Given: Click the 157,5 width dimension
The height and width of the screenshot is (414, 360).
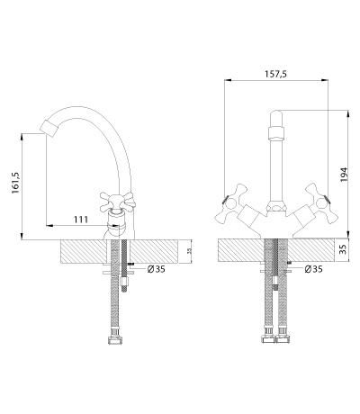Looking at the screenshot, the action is click(275, 74).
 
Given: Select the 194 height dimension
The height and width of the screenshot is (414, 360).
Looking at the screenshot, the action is click(344, 175).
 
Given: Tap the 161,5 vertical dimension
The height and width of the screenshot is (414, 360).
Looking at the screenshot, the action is click(15, 183).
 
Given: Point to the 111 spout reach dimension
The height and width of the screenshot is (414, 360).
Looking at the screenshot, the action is click(81, 220).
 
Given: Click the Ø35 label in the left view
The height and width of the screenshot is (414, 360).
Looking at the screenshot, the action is click(156, 269).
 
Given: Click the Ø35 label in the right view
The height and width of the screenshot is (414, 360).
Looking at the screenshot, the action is click(313, 269).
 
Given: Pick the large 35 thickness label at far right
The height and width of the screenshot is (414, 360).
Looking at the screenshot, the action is click(344, 249).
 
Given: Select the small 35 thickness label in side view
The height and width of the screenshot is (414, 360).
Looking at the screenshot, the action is click(189, 251).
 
